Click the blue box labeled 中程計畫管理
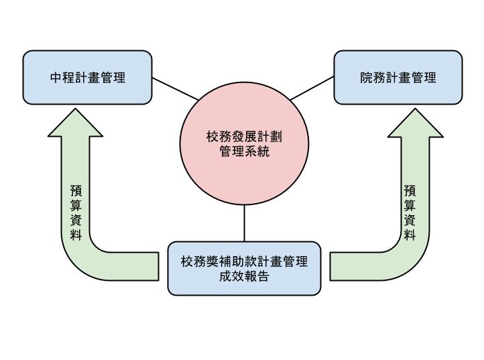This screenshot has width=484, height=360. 87,77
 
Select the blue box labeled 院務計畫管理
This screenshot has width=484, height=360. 398,77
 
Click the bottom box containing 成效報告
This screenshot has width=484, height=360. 244,268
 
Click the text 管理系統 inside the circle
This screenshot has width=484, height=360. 244,152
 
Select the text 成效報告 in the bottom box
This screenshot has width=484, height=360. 244,276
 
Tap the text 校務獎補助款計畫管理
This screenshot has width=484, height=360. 244,261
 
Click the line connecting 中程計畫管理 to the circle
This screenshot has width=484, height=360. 175,88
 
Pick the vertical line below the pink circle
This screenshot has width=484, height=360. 244,223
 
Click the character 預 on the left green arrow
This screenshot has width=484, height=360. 76,191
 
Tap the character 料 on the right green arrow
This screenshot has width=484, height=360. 410,235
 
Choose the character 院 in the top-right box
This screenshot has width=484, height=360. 366,77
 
